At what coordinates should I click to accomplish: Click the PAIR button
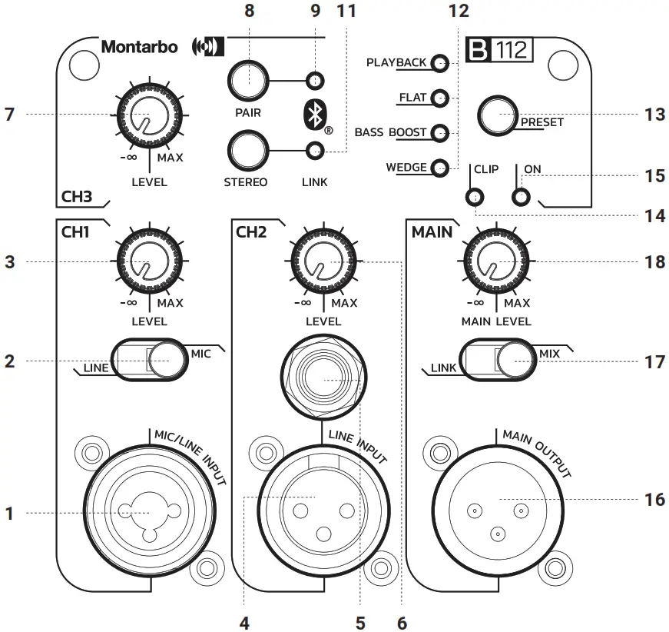point(247,79)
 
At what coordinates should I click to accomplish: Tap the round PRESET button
point(498,115)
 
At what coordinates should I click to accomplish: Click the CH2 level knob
point(321,262)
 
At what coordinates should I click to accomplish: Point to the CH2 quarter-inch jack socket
point(320,381)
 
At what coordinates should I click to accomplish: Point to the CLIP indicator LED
point(475,198)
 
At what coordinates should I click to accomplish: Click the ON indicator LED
point(522,198)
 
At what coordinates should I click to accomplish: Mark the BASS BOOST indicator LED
point(439,133)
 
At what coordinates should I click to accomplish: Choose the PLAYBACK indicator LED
point(439,63)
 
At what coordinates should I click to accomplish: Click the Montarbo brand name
point(139,48)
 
